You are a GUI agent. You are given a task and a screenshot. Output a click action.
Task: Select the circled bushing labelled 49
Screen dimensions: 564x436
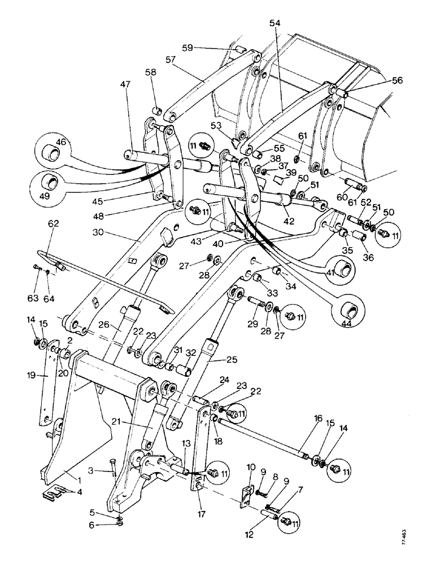pyautogui.click(x=52, y=183)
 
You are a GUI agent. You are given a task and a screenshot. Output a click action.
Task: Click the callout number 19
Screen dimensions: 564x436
pyautogui.click(x=32, y=374)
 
